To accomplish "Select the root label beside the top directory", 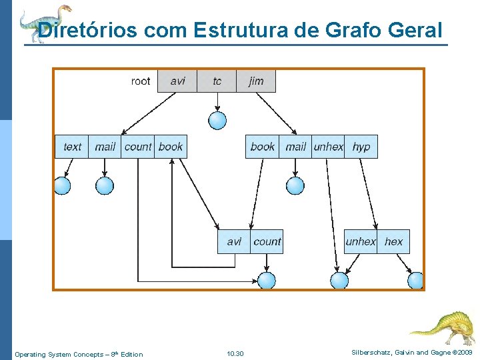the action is [x=141, y=81].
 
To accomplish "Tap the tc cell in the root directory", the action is [x=217, y=81].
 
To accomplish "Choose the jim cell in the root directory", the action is [x=256, y=81].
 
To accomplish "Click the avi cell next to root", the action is [x=177, y=81].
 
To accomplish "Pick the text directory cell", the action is [x=72, y=147].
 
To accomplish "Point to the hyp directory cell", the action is [x=361, y=147].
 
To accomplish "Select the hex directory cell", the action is [x=394, y=241].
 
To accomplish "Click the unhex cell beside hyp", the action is [x=329, y=147].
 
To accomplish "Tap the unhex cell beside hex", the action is [x=361, y=241].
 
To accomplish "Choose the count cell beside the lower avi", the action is [x=267, y=241].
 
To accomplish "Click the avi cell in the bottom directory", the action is [x=234, y=241].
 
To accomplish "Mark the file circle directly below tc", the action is [x=217, y=120].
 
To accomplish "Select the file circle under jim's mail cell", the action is [x=295, y=185].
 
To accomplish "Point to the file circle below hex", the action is [x=415, y=281].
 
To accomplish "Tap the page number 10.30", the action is [x=235, y=353].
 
